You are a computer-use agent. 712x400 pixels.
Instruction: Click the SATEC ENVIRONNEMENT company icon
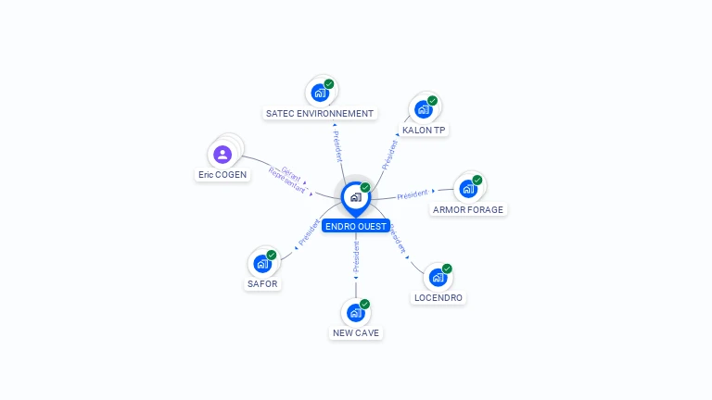point(320,93)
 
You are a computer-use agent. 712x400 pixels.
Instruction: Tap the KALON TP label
point(424,131)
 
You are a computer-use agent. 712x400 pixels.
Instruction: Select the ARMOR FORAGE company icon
point(468,189)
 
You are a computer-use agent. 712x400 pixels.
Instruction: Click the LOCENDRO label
point(439,298)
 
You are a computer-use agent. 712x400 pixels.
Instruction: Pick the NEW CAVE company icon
point(356,312)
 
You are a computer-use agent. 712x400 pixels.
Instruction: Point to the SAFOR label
point(262,284)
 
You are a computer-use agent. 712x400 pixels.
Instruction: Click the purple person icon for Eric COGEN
point(222,155)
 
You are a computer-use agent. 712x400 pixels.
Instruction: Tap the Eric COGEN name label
point(222,175)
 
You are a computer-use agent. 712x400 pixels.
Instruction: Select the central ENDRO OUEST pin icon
point(356,198)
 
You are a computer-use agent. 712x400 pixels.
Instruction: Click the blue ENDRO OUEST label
point(356,226)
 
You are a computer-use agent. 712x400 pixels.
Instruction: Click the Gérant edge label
point(291,173)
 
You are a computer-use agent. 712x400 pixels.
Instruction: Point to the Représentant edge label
point(287,181)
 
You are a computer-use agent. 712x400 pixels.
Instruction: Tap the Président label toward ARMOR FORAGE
point(413,194)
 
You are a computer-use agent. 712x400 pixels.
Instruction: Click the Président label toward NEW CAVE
point(356,256)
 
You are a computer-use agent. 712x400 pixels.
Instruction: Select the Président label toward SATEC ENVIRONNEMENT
point(337,146)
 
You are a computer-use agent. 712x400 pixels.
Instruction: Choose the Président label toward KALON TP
point(389,156)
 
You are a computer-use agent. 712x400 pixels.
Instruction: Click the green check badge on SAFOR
point(272,255)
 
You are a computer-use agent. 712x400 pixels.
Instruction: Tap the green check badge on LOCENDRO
point(447,269)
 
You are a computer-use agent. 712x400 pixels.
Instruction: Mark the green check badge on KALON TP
point(432,101)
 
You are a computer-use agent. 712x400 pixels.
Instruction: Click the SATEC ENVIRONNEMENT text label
point(320,113)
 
